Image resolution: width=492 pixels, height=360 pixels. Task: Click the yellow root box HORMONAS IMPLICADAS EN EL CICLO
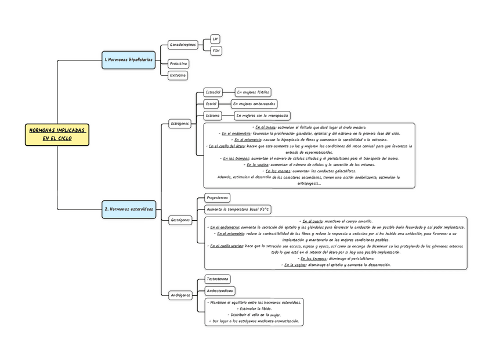tap(57, 134)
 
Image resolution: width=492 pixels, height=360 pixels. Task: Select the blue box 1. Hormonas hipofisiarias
tap(128, 59)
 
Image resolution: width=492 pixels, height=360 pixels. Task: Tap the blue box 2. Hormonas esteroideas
tap(129, 208)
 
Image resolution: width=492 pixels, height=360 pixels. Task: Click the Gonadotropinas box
tap(182, 44)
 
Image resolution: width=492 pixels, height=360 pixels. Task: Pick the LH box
tap(215, 39)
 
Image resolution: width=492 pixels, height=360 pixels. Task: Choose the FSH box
tap(216, 51)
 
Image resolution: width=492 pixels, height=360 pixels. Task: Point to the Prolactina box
tap(178, 63)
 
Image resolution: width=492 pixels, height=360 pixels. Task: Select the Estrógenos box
tap(179, 124)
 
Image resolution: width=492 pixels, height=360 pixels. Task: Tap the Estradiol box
tap(213, 92)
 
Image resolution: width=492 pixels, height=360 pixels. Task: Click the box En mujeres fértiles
tap(252, 92)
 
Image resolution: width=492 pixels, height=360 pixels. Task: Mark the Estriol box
tap(211, 103)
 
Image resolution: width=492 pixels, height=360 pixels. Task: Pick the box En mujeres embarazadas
tap(254, 103)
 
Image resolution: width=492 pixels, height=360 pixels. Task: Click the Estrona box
tap(213, 116)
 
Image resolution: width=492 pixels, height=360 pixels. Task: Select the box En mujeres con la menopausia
tap(262, 116)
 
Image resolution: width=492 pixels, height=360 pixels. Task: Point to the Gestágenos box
tap(180, 220)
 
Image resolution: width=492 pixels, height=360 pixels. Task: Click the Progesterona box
tap(218, 197)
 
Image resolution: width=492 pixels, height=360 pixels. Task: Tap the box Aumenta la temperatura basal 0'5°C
tap(238, 209)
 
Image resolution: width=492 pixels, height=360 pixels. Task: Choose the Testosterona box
tap(218, 279)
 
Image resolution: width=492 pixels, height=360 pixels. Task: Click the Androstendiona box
tap(220, 290)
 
